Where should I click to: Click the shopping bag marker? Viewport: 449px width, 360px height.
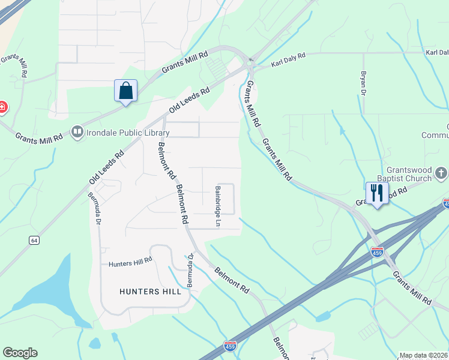click(125, 91)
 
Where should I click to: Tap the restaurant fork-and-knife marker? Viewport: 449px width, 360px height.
click(377, 194)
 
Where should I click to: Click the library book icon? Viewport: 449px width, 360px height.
click(77, 131)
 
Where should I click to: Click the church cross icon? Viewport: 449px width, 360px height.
click(441, 174)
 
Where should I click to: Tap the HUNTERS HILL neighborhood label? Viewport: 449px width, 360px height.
click(150, 292)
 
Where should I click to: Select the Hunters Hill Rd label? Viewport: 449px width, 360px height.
click(130, 263)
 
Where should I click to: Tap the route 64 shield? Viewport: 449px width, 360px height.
click(34, 240)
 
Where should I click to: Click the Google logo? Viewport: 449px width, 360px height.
click(20, 353)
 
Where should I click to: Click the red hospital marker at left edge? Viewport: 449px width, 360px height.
click(2, 108)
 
